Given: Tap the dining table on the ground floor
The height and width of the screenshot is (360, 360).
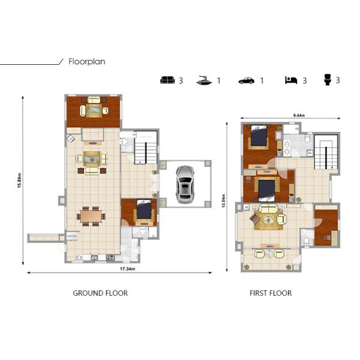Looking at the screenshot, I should [91, 215].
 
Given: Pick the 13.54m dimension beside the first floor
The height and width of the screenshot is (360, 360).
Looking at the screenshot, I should [223, 201].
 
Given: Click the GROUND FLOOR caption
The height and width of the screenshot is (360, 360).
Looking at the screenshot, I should [100, 293].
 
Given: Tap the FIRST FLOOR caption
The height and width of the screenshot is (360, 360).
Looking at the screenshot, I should [271, 293].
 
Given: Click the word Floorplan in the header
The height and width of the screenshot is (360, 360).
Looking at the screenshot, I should [87, 61].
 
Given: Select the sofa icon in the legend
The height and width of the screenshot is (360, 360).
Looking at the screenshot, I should [167, 80].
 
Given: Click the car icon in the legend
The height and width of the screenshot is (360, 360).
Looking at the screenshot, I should [246, 80].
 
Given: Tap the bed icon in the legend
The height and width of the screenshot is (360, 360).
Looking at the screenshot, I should [291, 80].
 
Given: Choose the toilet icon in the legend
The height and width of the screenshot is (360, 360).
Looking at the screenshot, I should [328, 80].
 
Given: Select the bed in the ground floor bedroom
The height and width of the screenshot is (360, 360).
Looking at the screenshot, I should [143, 210].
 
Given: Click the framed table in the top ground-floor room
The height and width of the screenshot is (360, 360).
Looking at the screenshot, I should [94, 110].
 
